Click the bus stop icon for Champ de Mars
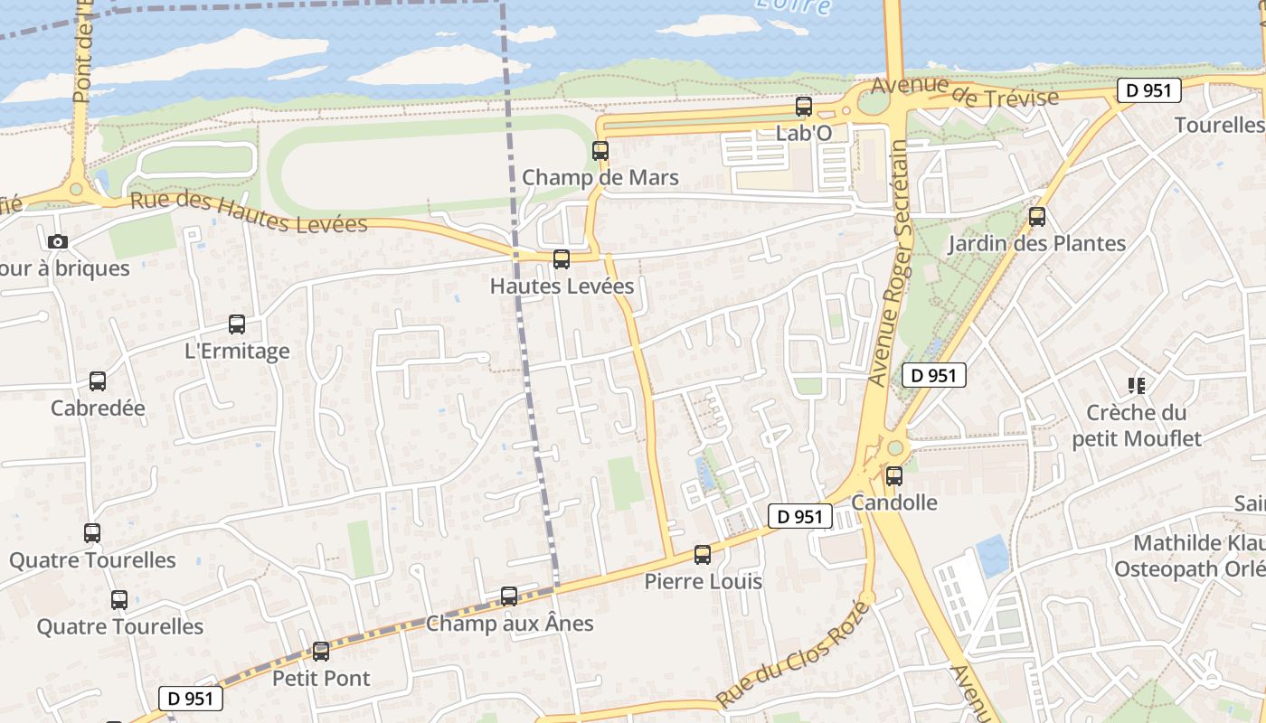pos(600,151)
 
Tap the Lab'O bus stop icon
pos(804,107)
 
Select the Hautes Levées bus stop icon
pos(562,259)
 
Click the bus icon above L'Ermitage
pos(237,324)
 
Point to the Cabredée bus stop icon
pos(98,381)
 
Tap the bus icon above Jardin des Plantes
pos(1037,217)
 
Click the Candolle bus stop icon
pos(894,475)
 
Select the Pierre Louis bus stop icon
pos(703,555)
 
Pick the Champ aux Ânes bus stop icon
pos(509,596)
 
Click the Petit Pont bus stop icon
pos(321,652)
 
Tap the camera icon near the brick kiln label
pos(58,241)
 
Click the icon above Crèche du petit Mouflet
pos(1137,386)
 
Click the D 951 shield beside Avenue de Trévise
pos(1149,90)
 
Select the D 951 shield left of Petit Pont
pos(191,698)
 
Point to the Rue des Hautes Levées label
pos(249,211)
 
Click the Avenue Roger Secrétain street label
pos(890,262)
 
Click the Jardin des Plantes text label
pos(1037,243)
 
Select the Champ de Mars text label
pos(600,177)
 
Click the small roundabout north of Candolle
pos(895,448)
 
